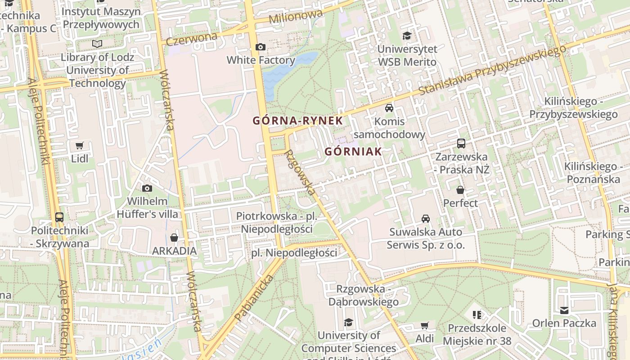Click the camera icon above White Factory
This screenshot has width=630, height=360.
260,47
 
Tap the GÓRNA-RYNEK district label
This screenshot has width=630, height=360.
297,121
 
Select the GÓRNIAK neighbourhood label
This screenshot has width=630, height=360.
353,152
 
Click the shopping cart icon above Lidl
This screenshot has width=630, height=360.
80,145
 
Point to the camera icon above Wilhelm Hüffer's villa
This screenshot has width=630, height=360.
147,188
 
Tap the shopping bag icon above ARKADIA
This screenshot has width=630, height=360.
174,237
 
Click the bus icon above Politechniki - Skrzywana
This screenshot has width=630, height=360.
59,217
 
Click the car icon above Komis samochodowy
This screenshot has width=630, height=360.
389,108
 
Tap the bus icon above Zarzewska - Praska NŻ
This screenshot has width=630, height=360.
461,144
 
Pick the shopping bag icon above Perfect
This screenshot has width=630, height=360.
460,190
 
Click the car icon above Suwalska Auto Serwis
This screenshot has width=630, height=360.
425,219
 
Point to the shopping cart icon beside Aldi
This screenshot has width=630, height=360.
424,325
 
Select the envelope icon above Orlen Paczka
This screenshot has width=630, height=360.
564,310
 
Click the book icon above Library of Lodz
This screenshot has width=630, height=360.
97,44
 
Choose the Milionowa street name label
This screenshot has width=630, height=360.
296,17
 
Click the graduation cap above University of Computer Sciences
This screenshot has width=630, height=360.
348,322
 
